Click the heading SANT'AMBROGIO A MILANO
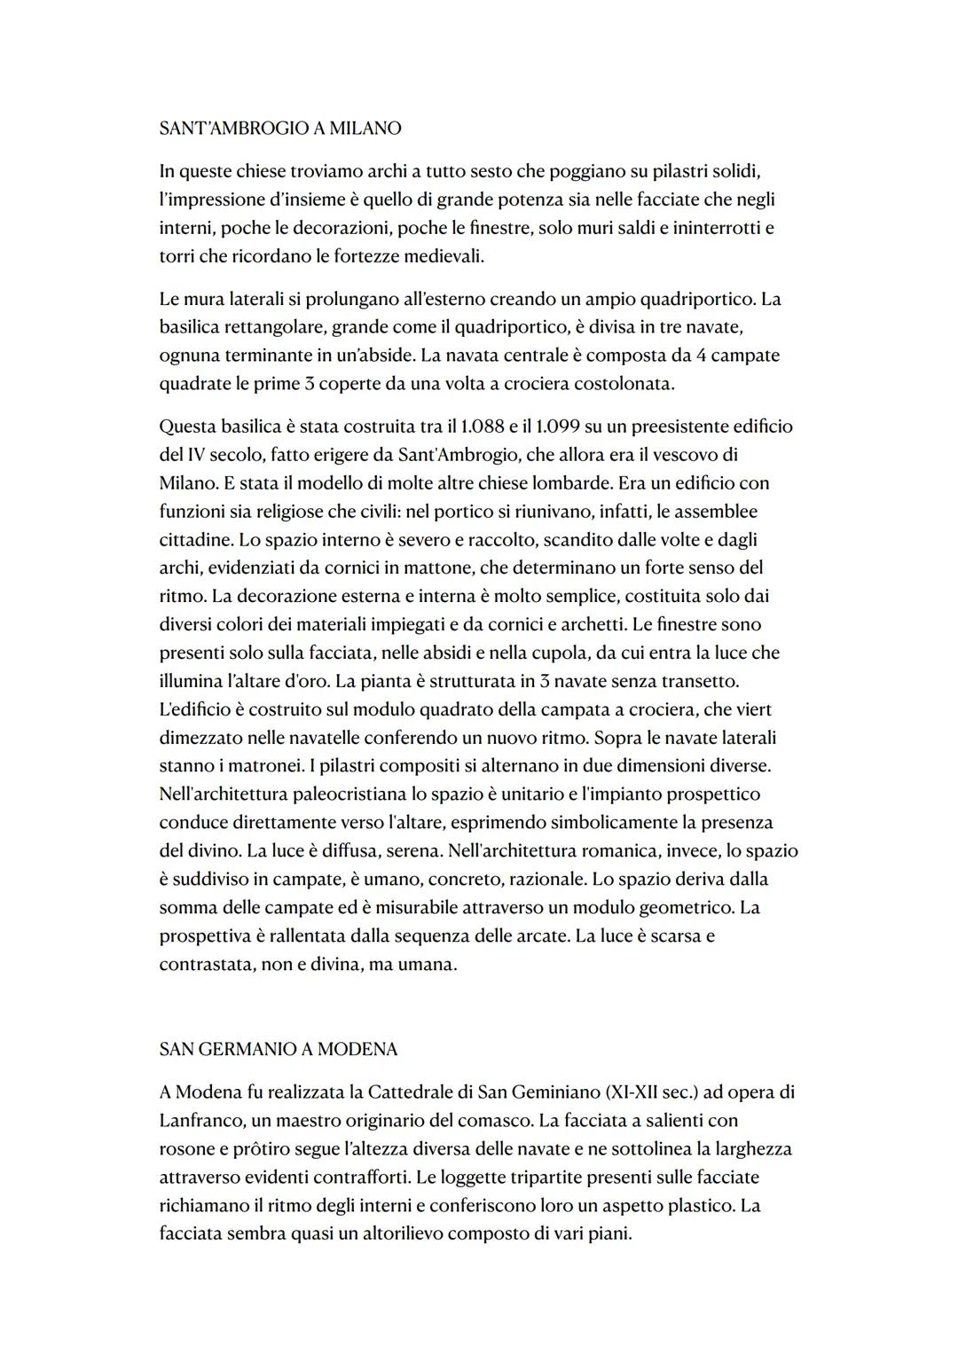click(x=279, y=129)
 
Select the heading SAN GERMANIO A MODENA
click(x=278, y=1049)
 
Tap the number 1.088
click(x=480, y=427)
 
